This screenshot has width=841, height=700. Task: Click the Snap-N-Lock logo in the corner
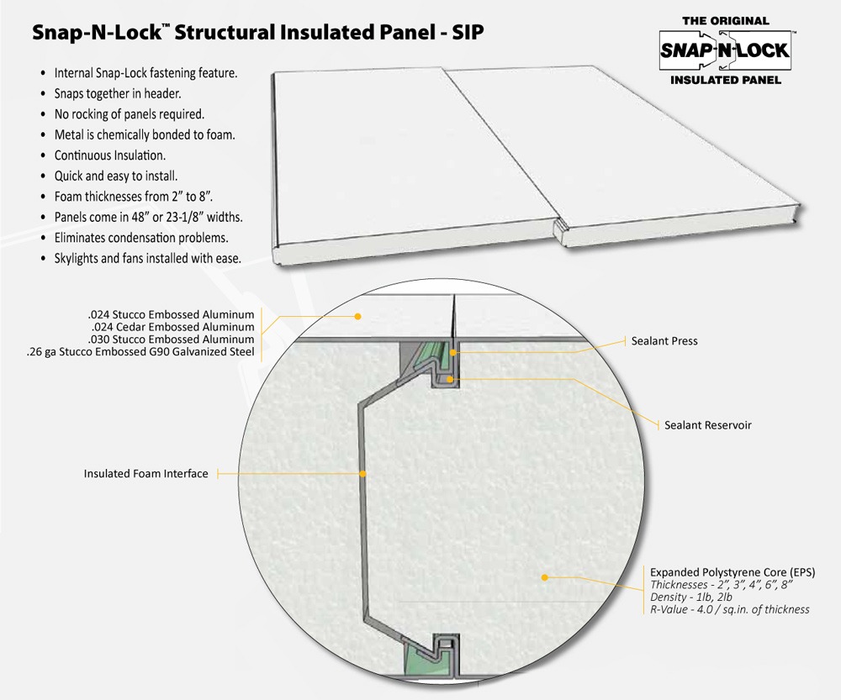coord(725,50)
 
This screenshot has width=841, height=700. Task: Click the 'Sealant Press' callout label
coord(664,341)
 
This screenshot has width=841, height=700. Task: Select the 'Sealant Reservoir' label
coord(707,425)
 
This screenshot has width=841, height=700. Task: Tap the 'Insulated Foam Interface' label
coord(145,474)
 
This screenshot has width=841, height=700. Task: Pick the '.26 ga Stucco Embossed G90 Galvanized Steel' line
coord(140,352)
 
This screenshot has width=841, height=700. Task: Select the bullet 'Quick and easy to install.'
coord(116,176)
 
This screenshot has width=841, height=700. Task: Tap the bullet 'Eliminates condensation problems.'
coord(141,238)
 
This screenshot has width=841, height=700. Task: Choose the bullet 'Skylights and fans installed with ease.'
coord(148,259)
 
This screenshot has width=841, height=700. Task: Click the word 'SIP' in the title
coord(466,33)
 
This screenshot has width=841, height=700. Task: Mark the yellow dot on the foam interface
coord(362,474)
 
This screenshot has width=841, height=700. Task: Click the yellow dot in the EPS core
coord(545,577)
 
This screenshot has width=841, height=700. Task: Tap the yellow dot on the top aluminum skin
coord(357,317)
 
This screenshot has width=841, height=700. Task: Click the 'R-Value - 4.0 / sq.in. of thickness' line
coord(730,609)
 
